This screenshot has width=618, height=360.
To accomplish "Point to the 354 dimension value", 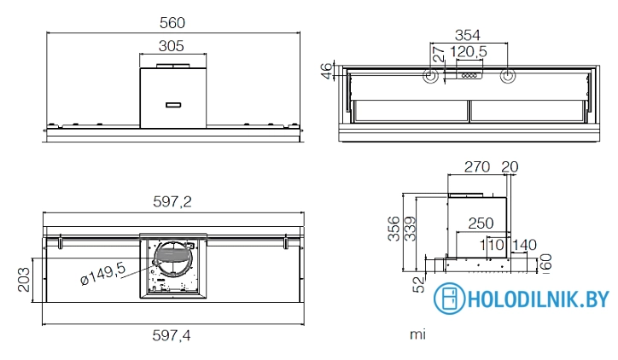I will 467,35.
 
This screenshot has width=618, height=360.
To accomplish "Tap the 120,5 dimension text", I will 469,53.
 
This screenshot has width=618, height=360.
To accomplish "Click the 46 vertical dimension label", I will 326,71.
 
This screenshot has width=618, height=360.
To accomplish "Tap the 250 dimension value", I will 481,223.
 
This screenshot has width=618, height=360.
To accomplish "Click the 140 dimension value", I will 523,246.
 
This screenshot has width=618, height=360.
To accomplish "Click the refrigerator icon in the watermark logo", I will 446,299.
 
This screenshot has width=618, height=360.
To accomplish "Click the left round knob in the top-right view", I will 430,77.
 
